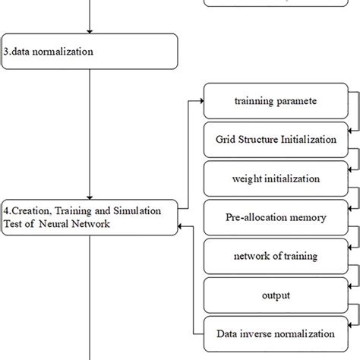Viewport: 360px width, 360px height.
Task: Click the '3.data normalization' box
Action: pos(89,52)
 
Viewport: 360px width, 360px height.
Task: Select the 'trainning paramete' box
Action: pos(276,101)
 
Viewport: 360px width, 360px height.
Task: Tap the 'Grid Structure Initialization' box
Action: pos(276,140)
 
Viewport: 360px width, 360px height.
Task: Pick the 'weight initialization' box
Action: pos(276,178)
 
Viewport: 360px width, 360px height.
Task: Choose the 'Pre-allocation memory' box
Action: pos(276,217)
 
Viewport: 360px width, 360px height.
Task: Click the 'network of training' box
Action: pos(276,256)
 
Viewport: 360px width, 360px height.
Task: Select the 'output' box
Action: pos(276,295)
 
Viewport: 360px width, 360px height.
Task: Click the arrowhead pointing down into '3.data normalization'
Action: pos(90,32)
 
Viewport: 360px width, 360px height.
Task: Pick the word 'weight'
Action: pos(249,178)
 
